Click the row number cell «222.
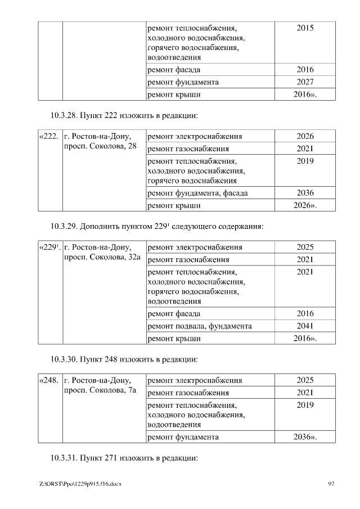click(48, 136)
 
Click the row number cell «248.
click(48, 381)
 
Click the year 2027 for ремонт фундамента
click(305, 82)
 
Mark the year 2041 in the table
click(305, 326)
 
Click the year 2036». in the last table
click(305, 436)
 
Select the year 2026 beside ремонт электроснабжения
click(305, 136)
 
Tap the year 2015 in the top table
click(305, 28)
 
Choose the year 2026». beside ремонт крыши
click(305, 205)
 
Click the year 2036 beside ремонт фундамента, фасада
click(305, 193)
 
